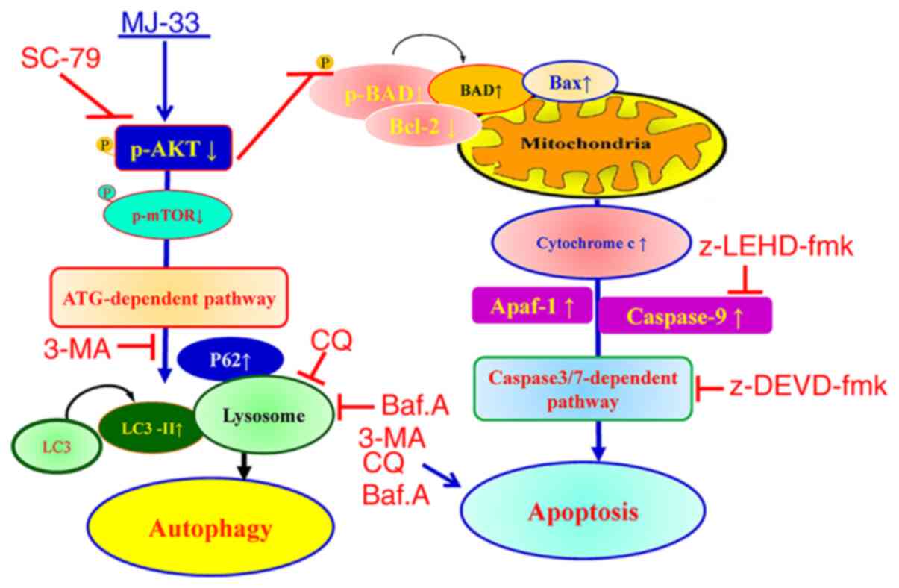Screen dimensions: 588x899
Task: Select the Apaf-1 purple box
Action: tap(530, 307)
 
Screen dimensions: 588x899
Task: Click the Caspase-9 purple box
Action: tap(685, 316)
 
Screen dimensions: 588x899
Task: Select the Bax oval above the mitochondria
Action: tap(570, 84)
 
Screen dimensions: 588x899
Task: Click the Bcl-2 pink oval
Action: tap(422, 127)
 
